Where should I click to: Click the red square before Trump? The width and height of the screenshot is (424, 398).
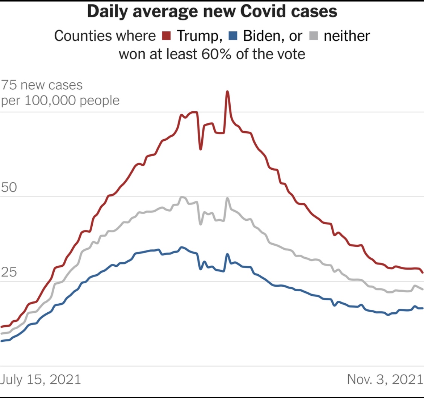(x=167, y=36)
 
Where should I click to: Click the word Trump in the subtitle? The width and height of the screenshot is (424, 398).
(x=197, y=36)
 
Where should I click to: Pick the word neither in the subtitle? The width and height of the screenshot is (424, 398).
(x=347, y=36)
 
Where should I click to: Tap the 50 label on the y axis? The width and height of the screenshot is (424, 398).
(x=9, y=188)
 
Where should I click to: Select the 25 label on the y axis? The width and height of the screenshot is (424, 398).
(x=9, y=273)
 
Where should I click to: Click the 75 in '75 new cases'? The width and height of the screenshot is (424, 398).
(x=9, y=85)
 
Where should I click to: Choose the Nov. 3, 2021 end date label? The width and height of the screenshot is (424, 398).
(x=384, y=379)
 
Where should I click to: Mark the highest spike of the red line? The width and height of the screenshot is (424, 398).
(x=227, y=91)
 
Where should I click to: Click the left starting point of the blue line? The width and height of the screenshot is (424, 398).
(x=2, y=341)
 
